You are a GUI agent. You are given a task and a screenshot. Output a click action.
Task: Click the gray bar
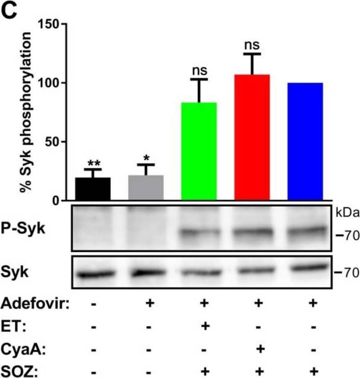pyautogui.click(x=146, y=188)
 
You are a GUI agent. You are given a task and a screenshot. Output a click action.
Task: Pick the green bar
pyautogui.click(x=199, y=151)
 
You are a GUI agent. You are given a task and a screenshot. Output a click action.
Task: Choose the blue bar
pyautogui.click(x=305, y=141)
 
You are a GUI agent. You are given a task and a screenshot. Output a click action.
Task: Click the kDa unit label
pyautogui.click(x=347, y=213)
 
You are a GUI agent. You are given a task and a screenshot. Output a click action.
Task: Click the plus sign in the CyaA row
pyautogui.click(x=258, y=348)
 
